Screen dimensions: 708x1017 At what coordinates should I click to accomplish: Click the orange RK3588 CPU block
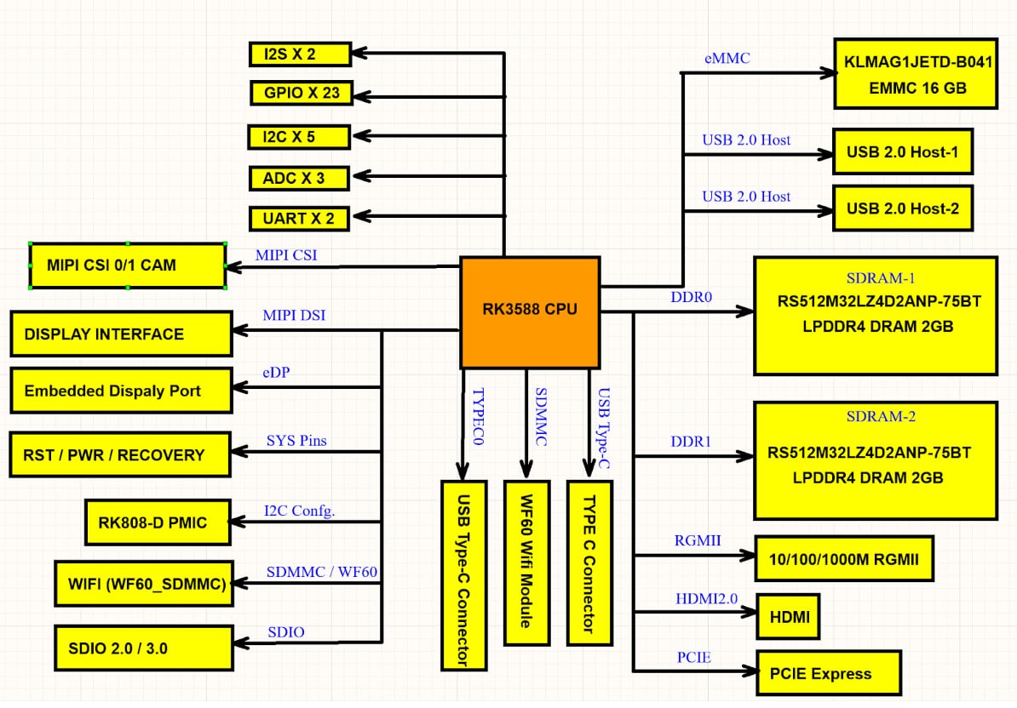[x=530, y=312]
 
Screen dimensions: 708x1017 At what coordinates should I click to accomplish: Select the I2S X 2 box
[x=300, y=54]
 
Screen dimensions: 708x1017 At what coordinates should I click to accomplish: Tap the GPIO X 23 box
[x=302, y=93]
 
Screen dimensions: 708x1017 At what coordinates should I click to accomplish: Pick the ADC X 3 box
[x=299, y=179]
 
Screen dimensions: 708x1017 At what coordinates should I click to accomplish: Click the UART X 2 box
[x=299, y=219]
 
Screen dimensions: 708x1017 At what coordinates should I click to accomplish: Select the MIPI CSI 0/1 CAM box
[x=128, y=265]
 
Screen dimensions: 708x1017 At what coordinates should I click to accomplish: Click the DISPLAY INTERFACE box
[x=121, y=334]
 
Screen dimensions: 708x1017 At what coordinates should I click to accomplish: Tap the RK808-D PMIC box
[x=158, y=522]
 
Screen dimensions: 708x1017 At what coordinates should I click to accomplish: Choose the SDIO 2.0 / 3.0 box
[x=143, y=648]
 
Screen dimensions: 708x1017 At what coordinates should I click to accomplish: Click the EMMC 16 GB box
[x=916, y=74]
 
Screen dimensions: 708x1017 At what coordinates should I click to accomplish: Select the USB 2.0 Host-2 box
[x=902, y=208]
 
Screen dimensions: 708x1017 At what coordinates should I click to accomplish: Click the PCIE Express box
[x=829, y=674]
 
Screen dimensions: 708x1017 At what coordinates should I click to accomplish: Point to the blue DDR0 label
[x=691, y=298]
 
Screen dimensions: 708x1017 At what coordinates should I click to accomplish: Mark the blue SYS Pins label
[x=296, y=440]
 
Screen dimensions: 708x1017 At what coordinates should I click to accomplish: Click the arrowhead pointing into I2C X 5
[x=359, y=135]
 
